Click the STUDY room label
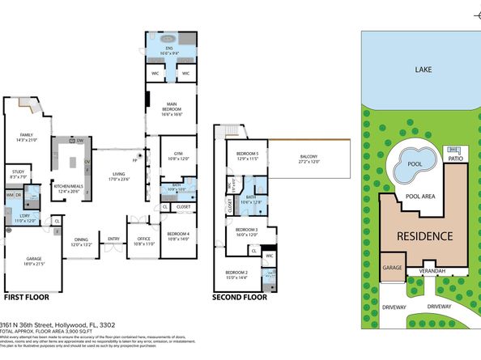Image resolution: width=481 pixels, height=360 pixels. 18,173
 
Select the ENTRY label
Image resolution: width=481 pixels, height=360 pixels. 113,238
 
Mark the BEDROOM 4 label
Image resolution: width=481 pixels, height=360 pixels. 177,235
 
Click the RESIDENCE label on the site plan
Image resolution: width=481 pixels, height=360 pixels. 424,237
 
